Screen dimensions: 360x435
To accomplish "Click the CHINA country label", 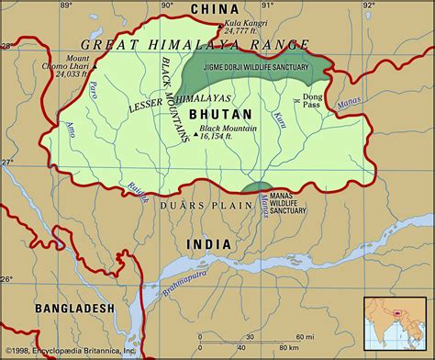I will (219, 9).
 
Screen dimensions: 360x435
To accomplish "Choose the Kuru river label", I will (279, 119).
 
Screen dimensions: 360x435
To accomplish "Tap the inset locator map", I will (396, 322).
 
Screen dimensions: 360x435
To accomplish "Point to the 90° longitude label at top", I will (166, 6).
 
